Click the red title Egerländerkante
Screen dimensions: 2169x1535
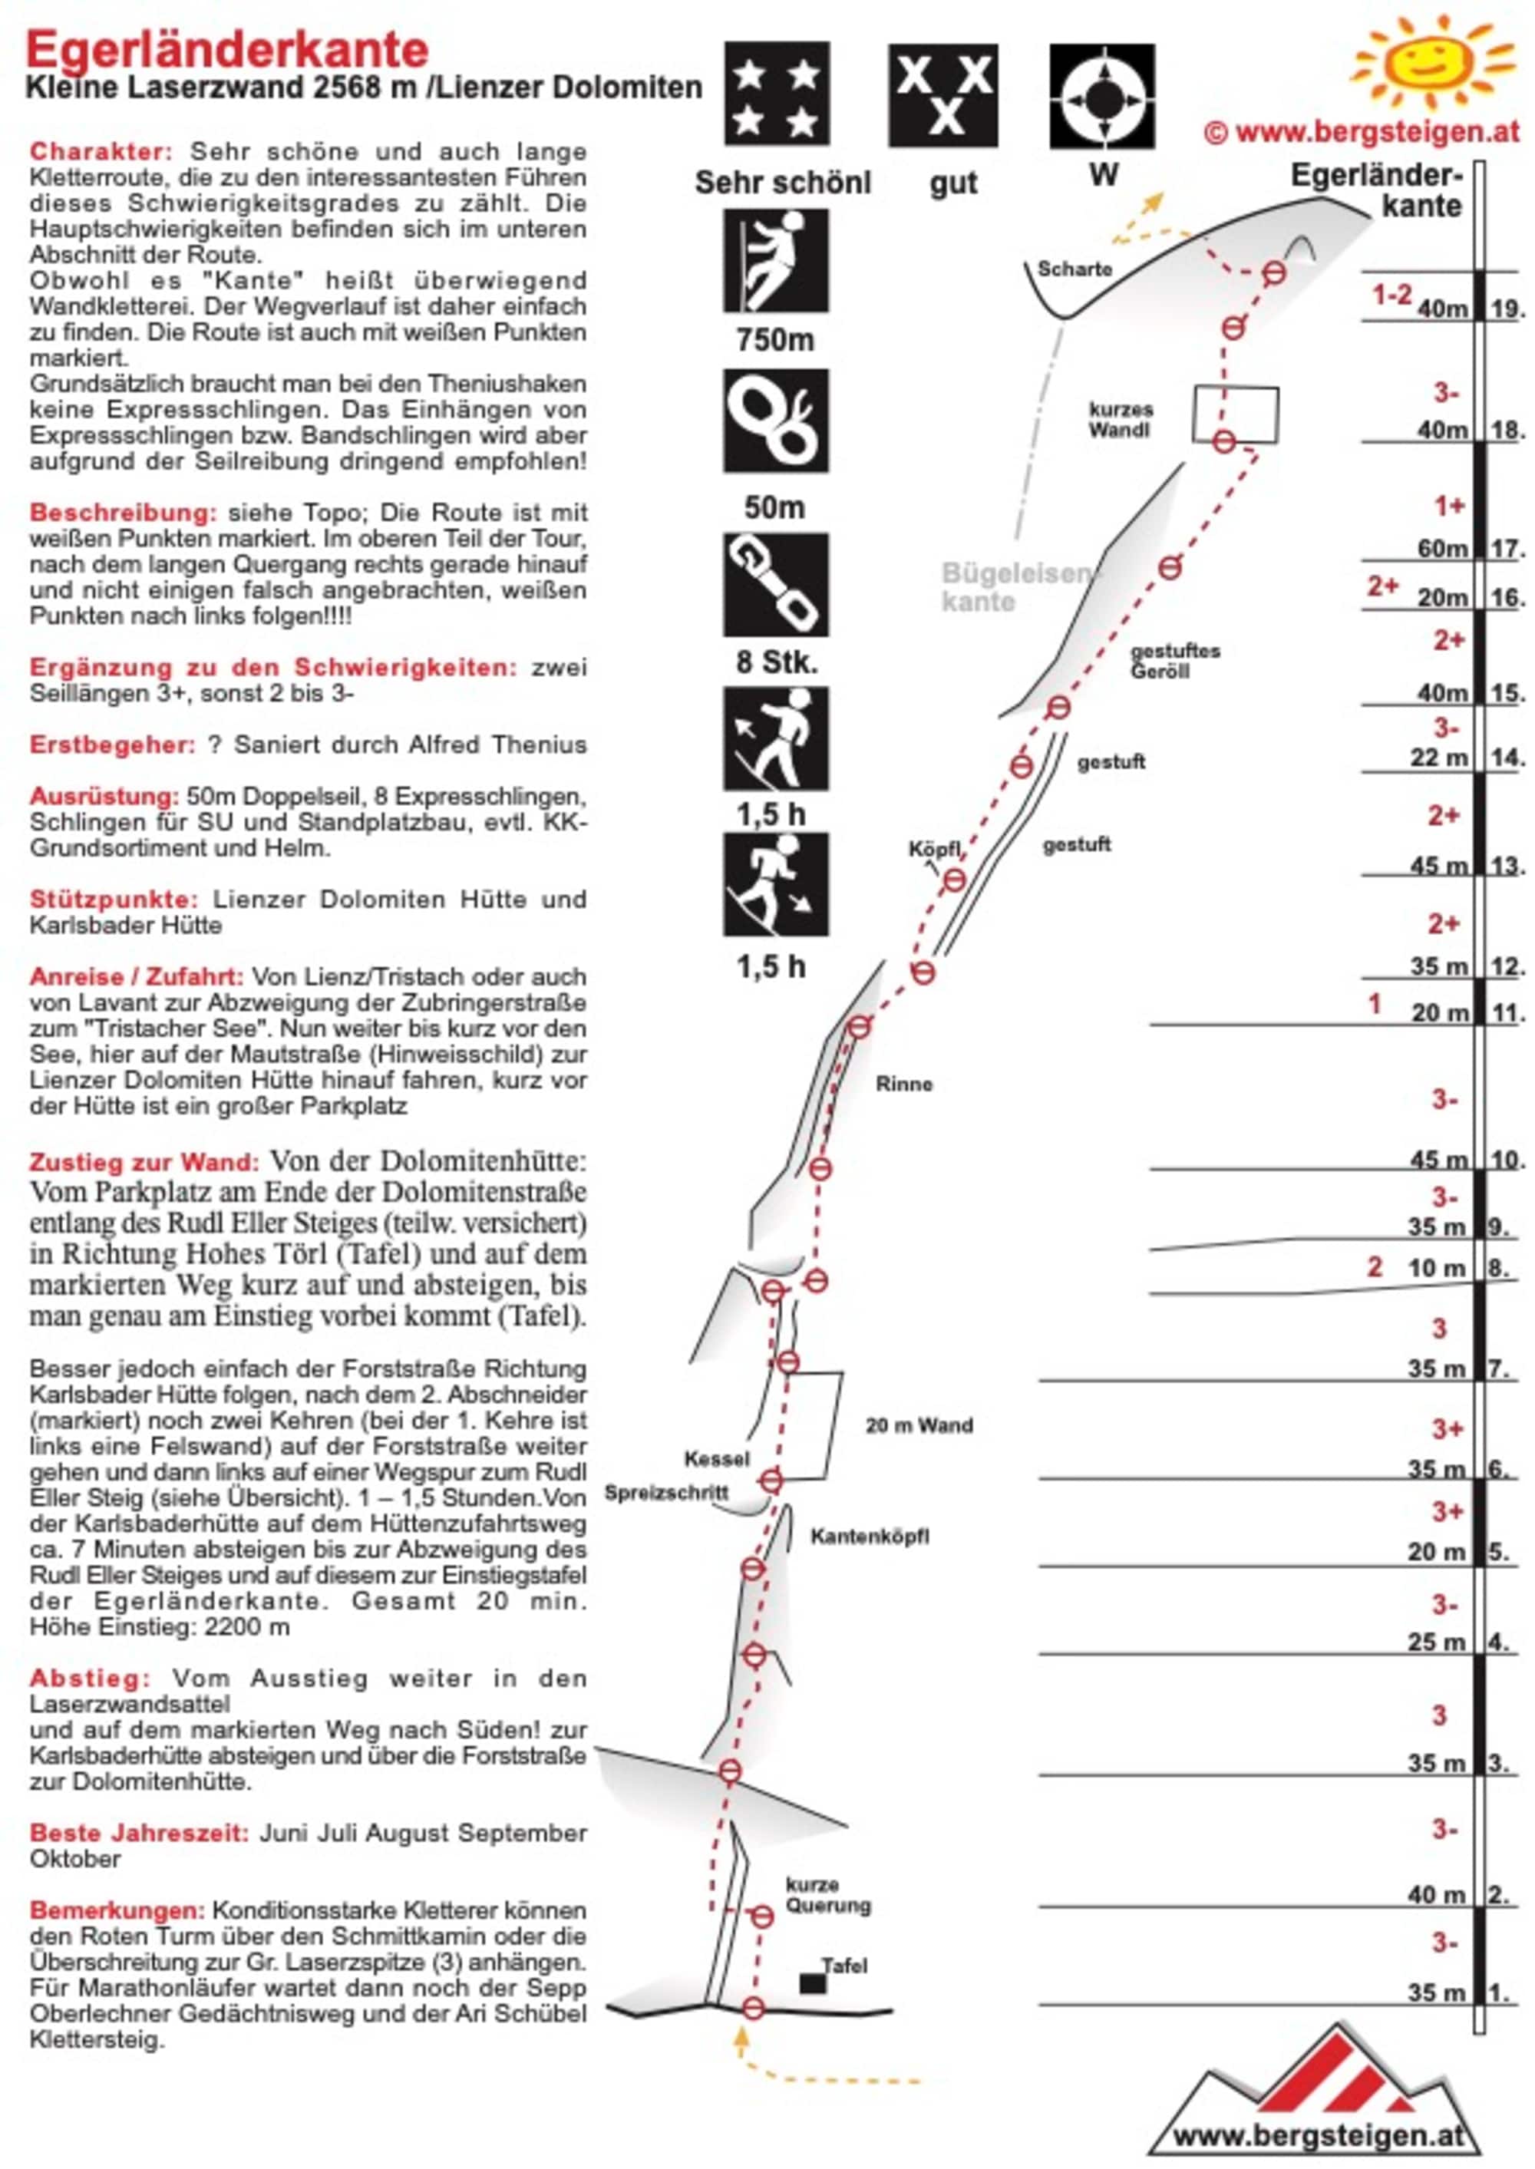pos(227,49)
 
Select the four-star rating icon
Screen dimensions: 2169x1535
pos(776,94)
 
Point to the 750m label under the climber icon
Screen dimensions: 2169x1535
pos(775,339)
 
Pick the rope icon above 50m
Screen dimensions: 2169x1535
pos(776,421)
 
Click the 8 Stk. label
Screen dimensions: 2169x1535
pos(775,662)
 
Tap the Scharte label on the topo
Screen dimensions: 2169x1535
pos(1074,269)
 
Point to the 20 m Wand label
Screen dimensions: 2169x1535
pos(919,1425)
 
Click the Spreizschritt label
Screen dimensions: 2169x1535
pos(666,1494)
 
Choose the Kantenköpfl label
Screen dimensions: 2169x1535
pos(870,1537)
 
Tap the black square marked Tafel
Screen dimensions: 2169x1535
pos(812,1982)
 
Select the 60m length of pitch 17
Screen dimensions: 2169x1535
pos(1442,548)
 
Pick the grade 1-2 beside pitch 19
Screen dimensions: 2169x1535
pos(1391,295)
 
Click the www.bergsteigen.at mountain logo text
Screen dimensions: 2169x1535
pos(1319,2135)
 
